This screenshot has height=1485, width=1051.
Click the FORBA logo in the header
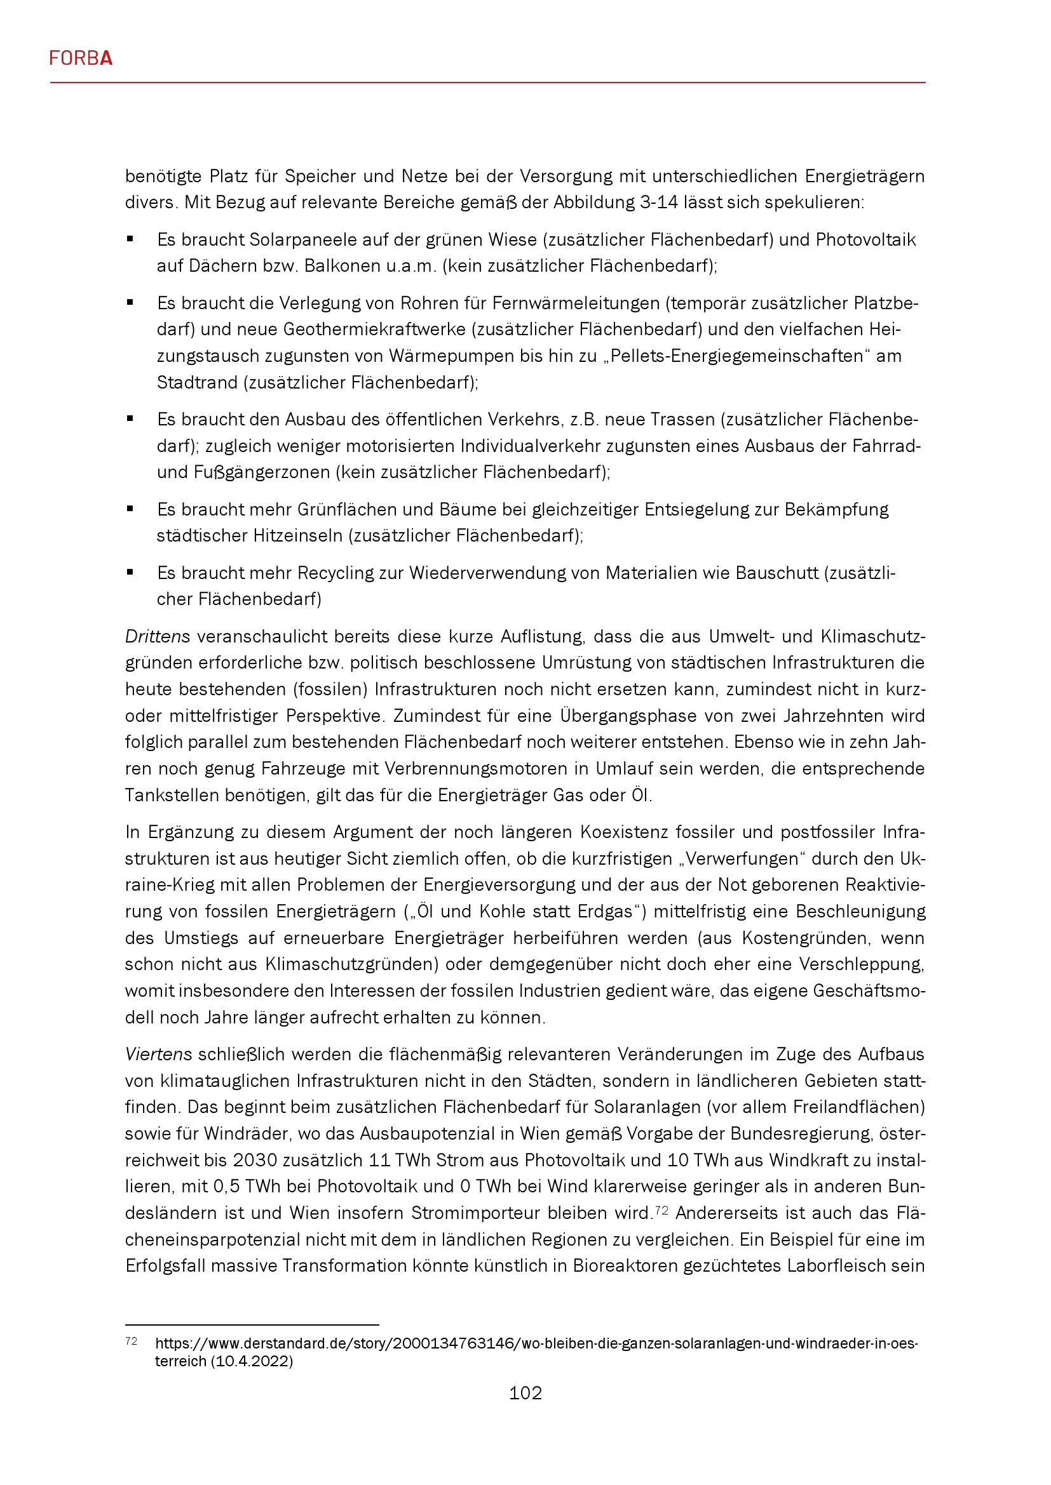pyautogui.click(x=81, y=58)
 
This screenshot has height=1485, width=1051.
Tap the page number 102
pyautogui.click(x=525, y=1392)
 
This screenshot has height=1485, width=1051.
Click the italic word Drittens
pyautogui.click(x=157, y=636)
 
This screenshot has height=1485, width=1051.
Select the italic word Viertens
pyautogui.click(x=159, y=1055)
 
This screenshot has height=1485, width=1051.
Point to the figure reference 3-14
pyautogui.click(x=659, y=203)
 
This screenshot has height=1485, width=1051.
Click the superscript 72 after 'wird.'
pyautogui.click(x=661, y=1209)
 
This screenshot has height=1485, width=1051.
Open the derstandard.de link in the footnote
pyautogui.click(x=536, y=1343)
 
